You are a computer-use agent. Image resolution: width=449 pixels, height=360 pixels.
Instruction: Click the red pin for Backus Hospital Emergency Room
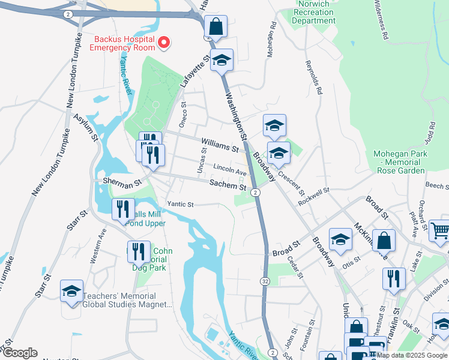click(163, 43)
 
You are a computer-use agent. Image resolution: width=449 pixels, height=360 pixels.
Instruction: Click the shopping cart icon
click(440, 230)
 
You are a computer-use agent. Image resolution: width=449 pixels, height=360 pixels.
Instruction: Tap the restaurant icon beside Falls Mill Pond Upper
click(123, 209)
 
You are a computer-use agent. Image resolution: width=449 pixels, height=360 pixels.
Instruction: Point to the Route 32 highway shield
click(265, 281)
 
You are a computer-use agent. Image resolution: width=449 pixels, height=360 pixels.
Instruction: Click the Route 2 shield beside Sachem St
click(256, 192)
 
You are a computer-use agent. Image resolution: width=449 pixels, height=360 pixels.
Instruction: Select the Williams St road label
click(220, 145)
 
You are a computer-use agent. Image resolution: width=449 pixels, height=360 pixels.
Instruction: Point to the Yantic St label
click(180, 205)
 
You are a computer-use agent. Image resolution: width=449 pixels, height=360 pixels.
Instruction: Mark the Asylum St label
click(86, 128)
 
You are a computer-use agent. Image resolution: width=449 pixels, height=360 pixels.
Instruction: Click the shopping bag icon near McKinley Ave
click(384, 240)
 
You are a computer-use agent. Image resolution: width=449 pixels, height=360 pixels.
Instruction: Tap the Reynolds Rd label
click(315, 77)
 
